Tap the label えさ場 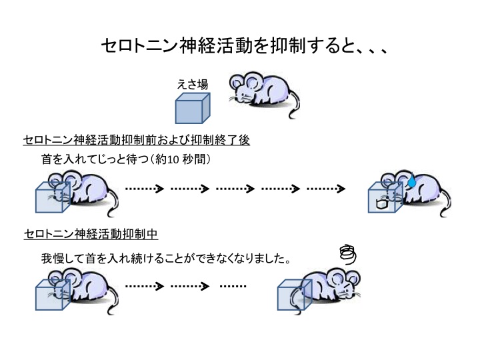click(x=192, y=85)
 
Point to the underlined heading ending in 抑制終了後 click(x=137, y=141)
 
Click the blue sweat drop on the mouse click(x=413, y=179)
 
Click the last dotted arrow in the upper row click(x=325, y=189)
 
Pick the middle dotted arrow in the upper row click(x=235, y=189)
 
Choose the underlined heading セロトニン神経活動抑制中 click(x=91, y=234)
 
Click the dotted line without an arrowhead click(x=233, y=287)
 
